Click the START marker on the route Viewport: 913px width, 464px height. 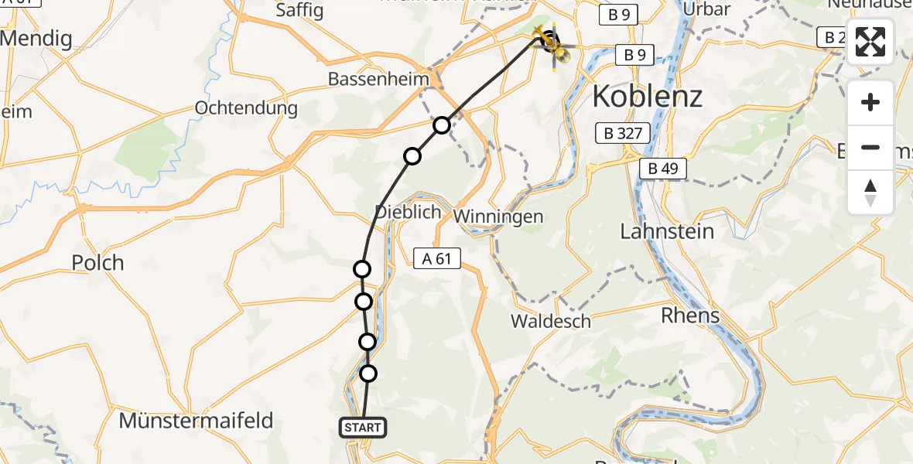(x=361, y=428)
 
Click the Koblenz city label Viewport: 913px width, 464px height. (x=647, y=97)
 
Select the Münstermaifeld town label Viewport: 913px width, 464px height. (x=196, y=421)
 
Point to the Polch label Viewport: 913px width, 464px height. (x=97, y=263)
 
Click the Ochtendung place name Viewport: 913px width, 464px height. (x=246, y=107)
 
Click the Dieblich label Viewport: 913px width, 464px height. (x=408, y=211)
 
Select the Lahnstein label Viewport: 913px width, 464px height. (x=667, y=231)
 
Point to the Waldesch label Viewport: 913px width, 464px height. (x=551, y=321)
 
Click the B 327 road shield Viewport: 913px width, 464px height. (x=619, y=133)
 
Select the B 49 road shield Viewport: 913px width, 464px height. (x=663, y=169)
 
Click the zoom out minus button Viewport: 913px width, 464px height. (x=870, y=148)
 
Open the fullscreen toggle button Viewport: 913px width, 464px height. (x=870, y=42)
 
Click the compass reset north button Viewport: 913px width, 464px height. (x=870, y=192)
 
